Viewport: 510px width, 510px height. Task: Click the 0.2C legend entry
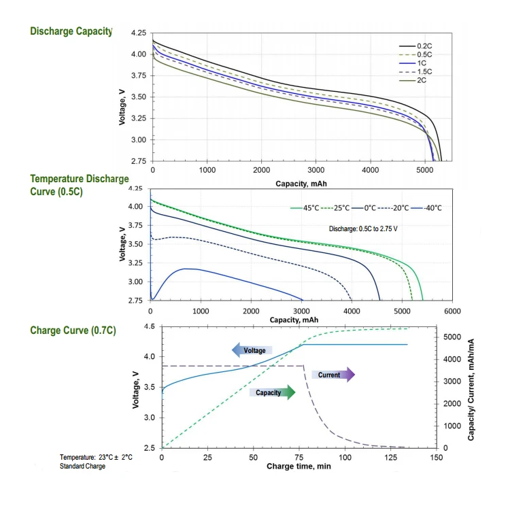point(415,46)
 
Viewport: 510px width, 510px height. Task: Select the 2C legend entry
point(415,80)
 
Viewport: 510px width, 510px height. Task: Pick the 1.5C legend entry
point(415,71)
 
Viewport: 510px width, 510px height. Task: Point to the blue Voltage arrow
point(252,350)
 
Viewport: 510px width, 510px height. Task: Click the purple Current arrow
point(333,375)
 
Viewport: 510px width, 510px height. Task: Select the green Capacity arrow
point(272,392)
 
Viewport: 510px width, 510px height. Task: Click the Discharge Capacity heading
point(71,31)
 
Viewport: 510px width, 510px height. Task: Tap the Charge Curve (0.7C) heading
point(73,330)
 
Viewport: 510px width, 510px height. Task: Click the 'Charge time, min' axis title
point(299,466)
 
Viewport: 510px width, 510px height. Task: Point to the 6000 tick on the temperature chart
point(452,311)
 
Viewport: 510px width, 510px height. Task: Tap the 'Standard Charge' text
point(82,466)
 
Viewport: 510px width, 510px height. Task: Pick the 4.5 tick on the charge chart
point(150,327)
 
